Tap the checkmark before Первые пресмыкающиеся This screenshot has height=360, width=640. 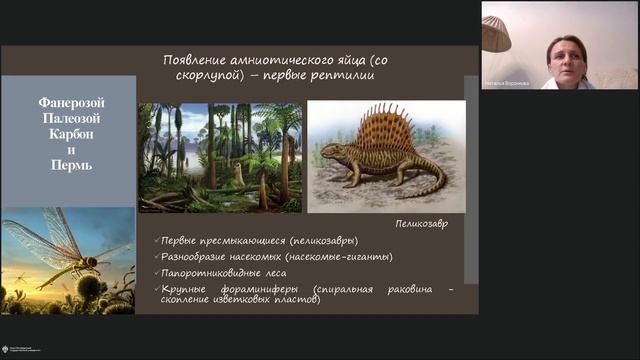coord(147,242)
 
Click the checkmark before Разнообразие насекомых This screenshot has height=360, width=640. coord(147,257)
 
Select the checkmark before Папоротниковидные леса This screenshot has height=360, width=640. coord(147,272)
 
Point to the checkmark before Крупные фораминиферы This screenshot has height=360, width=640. coord(147,288)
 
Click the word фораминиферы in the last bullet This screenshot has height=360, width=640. coord(253,288)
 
